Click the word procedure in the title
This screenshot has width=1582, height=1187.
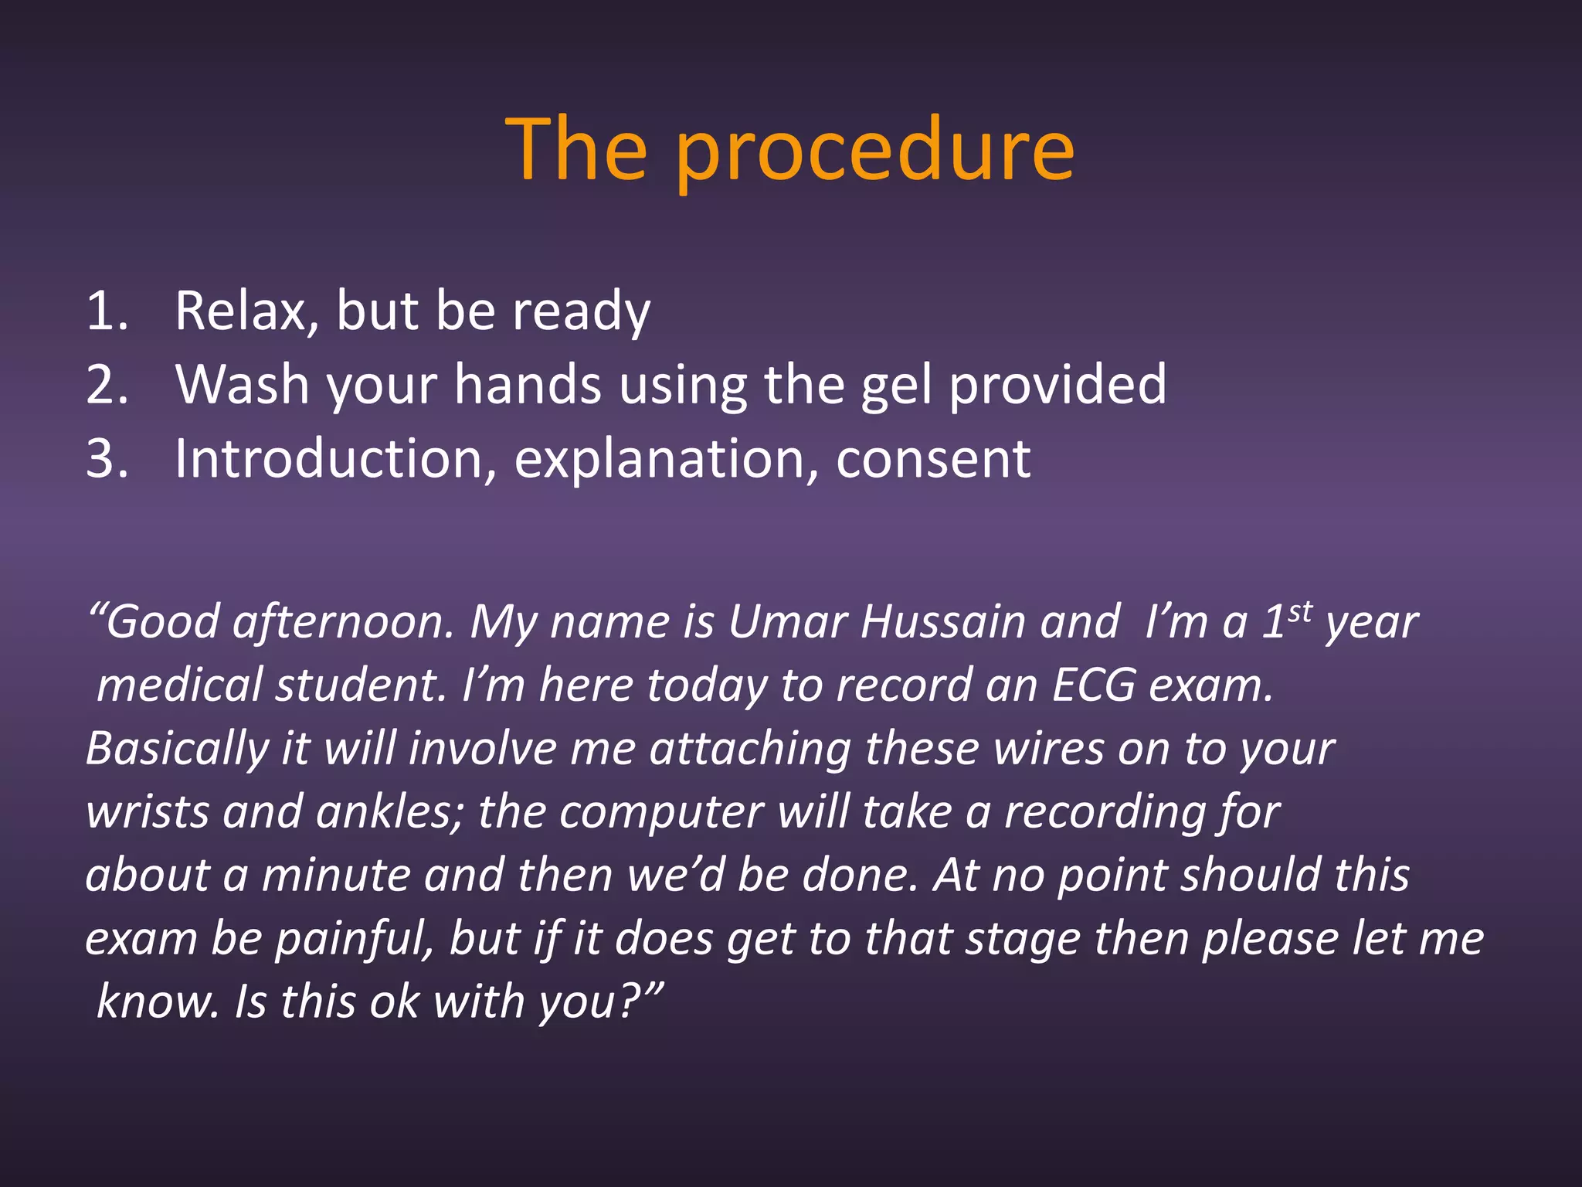point(874,150)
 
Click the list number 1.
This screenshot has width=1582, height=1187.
point(105,311)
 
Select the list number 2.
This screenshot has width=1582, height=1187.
point(106,385)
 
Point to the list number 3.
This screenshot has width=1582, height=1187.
point(106,458)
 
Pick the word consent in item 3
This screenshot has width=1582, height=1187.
point(933,458)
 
